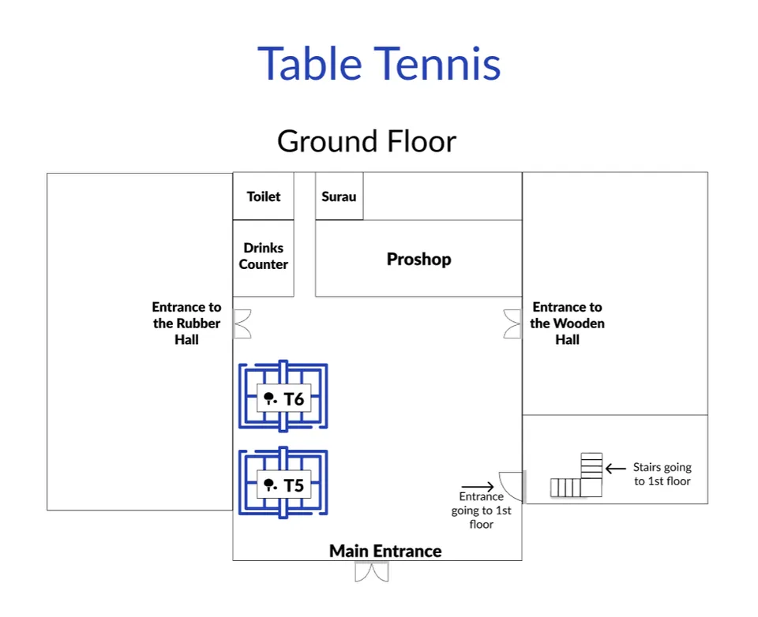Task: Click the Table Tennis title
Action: [x=379, y=63]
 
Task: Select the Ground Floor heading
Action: [x=367, y=141]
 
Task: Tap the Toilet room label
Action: [x=264, y=196]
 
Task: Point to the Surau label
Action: [x=339, y=196]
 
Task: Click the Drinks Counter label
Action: [x=264, y=256]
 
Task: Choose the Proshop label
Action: [x=418, y=259]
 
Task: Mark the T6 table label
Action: [x=295, y=399]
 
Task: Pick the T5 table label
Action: [x=295, y=485]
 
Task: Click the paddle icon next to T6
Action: [x=270, y=398]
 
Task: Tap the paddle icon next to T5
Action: [x=270, y=484]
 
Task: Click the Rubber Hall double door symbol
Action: [x=242, y=323]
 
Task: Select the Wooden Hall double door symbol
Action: [x=513, y=323]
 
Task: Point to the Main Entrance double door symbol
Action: [x=371, y=572]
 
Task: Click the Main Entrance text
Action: [x=385, y=551]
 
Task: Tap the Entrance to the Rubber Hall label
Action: [x=186, y=323]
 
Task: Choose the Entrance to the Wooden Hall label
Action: [x=567, y=323]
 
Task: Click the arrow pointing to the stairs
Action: [x=616, y=469]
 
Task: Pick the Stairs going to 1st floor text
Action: [x=662, y=474]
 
